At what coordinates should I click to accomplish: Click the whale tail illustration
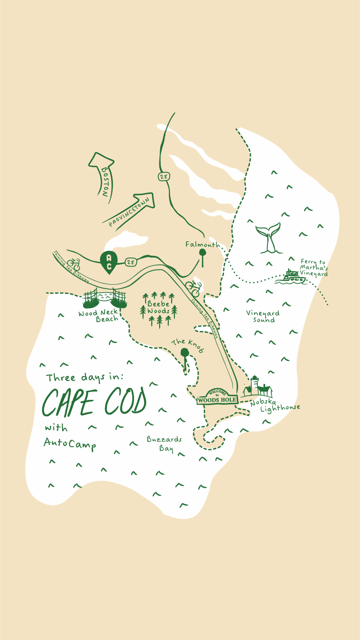click(268, 237)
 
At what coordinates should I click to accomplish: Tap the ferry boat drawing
click(290, 277)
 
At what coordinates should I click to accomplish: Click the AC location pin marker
click(109, 262)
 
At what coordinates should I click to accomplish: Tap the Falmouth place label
click(202, 244)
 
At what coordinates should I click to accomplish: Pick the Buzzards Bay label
click(165, 444)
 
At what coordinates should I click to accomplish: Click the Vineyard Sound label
click(263, 316)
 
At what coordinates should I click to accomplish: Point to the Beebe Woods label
click(159, 307)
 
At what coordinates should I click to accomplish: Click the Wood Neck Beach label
click(98, 316)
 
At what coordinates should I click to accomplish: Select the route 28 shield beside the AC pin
click(131, 262)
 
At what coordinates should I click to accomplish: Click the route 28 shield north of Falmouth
click(163, 177)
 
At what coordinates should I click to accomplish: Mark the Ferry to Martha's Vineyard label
click(314, 268)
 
